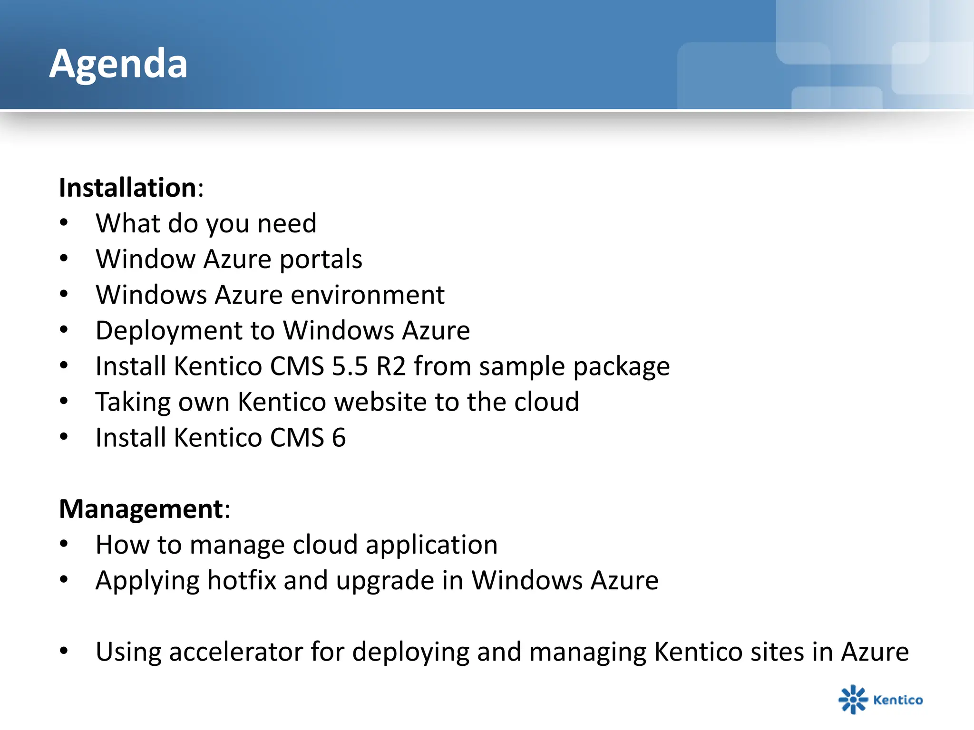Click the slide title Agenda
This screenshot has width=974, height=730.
[118, 64]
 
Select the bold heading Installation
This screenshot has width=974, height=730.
[127, 187]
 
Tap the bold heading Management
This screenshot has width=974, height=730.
[141, 509]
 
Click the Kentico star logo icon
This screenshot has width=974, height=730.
[852, 699]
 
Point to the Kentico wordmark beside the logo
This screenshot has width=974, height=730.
[898, 700]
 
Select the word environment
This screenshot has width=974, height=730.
[367, 295]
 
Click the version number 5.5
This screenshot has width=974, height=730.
[350, 366]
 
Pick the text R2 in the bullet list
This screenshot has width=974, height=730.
[391, 366]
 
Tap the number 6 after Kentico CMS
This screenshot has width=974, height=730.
[339, 438]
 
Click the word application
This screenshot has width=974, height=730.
[431, 545]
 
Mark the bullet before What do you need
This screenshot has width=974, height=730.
[64, 223]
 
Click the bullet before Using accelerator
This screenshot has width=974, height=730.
[64, 651]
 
